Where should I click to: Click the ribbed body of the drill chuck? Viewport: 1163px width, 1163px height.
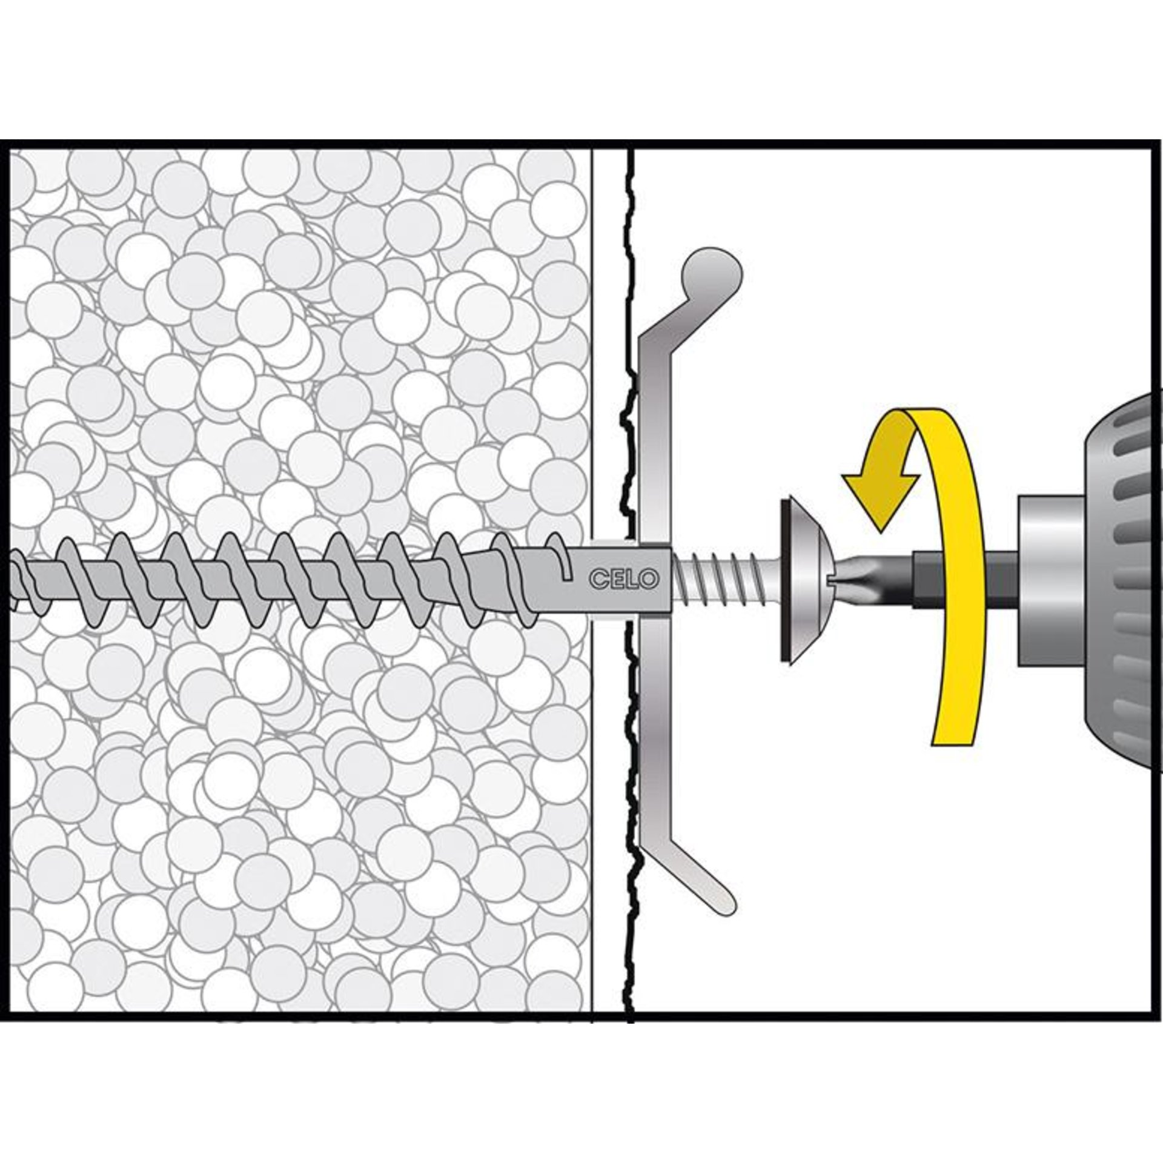[1127, 578]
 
